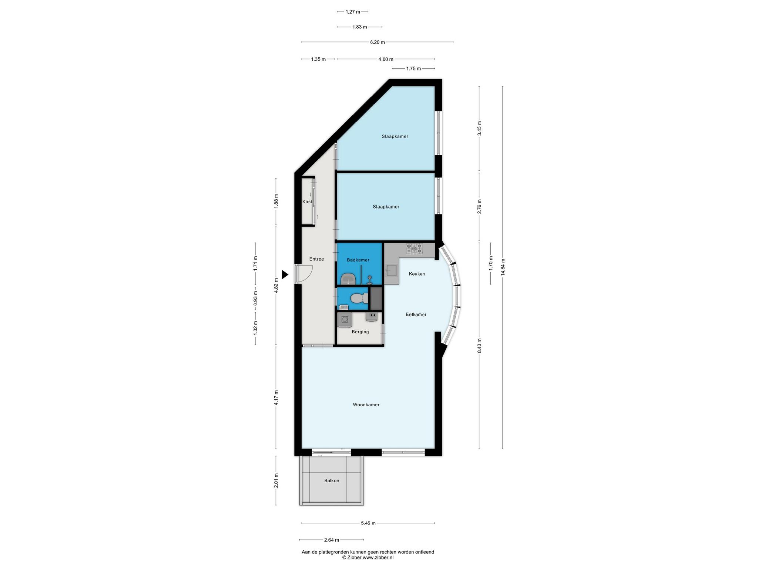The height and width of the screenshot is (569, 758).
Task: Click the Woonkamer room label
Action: (366, 405)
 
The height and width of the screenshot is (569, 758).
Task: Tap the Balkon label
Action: (332, 480)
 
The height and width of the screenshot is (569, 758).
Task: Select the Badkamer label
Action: (358, 260)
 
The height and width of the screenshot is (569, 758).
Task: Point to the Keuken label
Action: (417, 274)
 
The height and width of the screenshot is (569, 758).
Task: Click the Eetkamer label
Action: (416, 315)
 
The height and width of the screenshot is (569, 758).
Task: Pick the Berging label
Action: (360, 332)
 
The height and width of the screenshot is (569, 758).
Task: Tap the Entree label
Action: (316, 259)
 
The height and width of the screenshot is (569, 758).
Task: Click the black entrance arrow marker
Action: (285, 274)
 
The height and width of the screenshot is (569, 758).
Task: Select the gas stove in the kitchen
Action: (415, 249)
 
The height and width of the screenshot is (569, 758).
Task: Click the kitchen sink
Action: (392, 271)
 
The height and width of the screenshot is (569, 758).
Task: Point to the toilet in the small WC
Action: (359, 297)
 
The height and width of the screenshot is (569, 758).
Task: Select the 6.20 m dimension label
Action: (378, 42)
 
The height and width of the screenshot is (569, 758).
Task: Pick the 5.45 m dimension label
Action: (368, 523)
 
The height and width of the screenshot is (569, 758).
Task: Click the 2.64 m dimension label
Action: (332, 540)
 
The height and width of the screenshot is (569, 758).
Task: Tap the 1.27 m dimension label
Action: (353, 12)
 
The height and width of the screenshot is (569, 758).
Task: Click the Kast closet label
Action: (307, 202)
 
